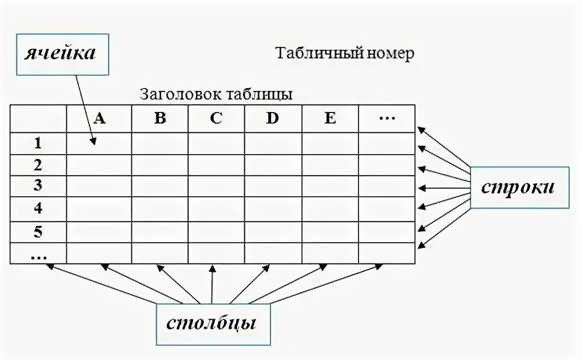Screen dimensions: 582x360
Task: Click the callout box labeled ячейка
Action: tap(60, 53)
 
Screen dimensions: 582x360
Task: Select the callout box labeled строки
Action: tap(518, 187)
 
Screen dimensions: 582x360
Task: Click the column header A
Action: tap(99, 119)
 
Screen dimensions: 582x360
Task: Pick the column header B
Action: tap(160, 119)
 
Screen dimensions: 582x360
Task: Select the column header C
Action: tap(216, 119)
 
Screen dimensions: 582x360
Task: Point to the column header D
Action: tap(272, 119)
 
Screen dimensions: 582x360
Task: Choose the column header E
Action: tap(330, 119)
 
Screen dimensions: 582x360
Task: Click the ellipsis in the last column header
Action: tap(386, 119)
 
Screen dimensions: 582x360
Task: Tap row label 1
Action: tap(38, 143)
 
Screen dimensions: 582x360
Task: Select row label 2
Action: tap(38, 165)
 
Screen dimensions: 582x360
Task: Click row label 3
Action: tap(38, 185)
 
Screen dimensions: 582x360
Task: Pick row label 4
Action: tap(38, 209)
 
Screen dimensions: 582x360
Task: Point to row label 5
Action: tap(38, 232)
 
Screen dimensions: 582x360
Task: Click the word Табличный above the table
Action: tap(319, 54)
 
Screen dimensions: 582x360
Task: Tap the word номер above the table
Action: tap(390, 54)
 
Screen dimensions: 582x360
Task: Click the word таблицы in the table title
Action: tap(260, 95)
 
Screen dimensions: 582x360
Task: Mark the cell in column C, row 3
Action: tap(216, 185)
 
